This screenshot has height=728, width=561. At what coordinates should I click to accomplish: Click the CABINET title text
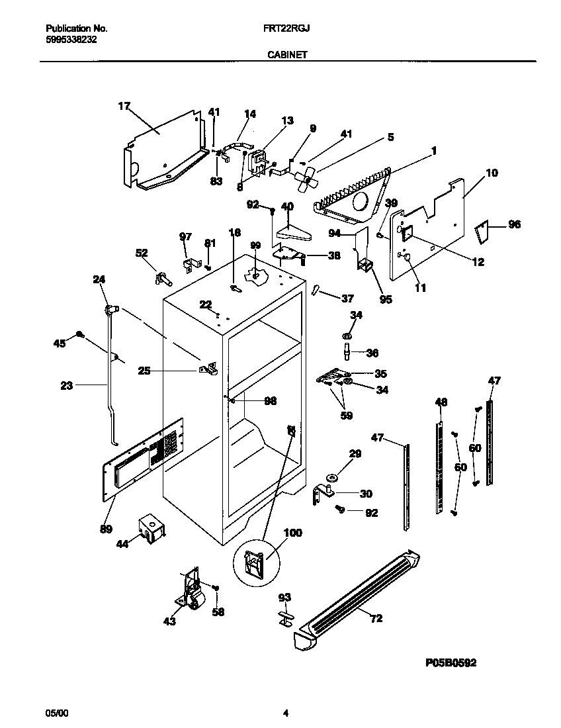point(286,56)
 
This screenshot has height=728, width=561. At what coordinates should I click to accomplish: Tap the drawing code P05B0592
point(447,662)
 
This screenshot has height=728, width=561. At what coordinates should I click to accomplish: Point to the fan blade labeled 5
point(306,178)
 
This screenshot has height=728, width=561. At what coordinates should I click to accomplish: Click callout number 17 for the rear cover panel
point(124,105)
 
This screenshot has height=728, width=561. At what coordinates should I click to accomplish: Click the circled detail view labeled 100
point(257,563)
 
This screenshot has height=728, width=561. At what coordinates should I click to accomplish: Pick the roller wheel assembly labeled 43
point(192,589)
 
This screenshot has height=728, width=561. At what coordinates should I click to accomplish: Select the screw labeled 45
point(80,335)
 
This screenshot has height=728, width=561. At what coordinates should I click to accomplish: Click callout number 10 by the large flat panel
point(492,173)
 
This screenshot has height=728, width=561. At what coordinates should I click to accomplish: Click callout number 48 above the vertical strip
point(441,402)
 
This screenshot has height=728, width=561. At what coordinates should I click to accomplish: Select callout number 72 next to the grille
point(376,619)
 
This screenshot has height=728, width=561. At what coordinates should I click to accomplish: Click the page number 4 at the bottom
point(286,713)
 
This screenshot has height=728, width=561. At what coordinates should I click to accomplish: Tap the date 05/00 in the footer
point(56,713)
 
